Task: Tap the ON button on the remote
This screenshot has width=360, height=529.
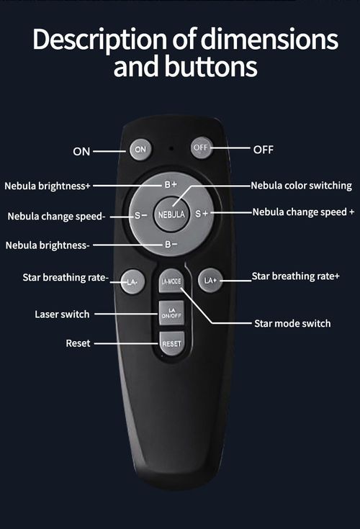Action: tap(140, 150)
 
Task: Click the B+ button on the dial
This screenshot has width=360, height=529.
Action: tap(170, 185)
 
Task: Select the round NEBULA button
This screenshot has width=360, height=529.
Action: tap(171, 214)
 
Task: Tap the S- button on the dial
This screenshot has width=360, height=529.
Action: tap(140, 214)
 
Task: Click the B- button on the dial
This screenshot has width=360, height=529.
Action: tap(171, 245)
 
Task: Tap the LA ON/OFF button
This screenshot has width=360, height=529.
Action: tap(171, 313)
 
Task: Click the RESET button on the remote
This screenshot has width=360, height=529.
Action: tap(171, 343)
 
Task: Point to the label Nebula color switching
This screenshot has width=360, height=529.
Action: tap(301, 186)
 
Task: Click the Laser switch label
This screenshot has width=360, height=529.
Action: tap(62, 314)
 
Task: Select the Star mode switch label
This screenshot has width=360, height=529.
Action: tap(292, 323)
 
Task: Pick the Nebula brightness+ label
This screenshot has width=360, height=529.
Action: tap(48, 186)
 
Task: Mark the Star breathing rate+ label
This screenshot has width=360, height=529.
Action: tap(295, 276)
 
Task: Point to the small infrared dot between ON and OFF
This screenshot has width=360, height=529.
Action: tap(171, 149)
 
